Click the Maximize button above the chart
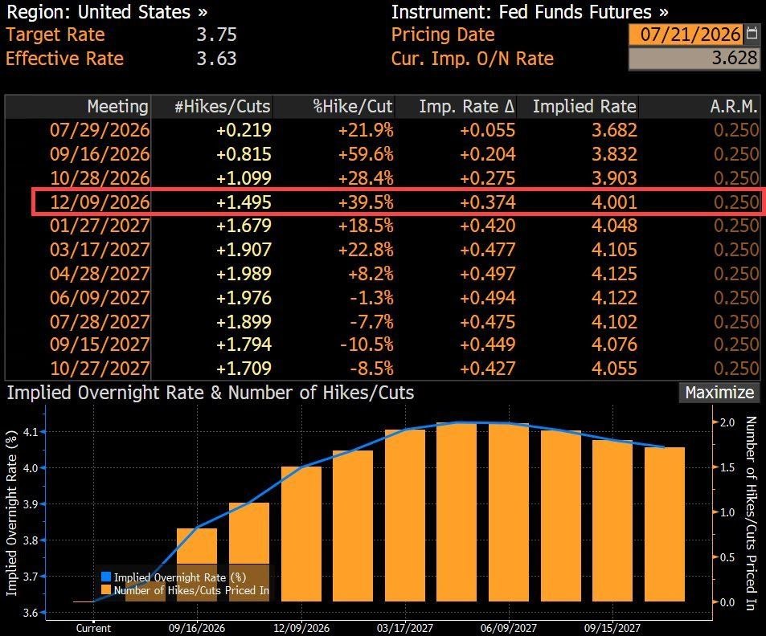(719, 393)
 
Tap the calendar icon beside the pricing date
(752, 34)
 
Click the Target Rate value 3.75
(216, 35)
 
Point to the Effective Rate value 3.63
(216, 59)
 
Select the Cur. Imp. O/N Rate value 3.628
(734, 58)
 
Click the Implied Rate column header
(584, 107)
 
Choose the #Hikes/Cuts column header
(223, 107)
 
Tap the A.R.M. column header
(733, 107)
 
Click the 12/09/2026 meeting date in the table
(100, 202)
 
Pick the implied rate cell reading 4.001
(614, 202)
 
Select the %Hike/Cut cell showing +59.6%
(366, 154)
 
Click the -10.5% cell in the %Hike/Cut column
(367, 344)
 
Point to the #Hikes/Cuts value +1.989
(244, 274)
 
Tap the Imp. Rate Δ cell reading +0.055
(487, 130)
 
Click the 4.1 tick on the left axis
(31, 431)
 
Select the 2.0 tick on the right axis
(727, 422)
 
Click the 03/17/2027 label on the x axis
(405, 628)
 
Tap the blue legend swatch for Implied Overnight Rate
(106, 577)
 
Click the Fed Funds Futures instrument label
(575, 12)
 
